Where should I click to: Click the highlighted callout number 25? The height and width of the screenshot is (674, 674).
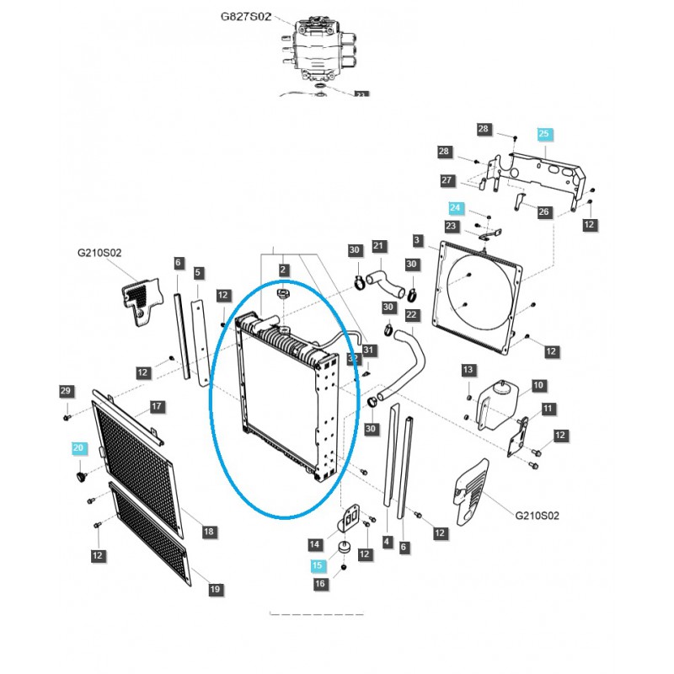coord(543,134)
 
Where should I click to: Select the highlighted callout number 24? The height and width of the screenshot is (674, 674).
coord(456,207)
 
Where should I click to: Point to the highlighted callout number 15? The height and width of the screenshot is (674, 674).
coord(317,566)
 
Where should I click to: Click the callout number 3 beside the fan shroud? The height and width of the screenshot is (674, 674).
coord(417,241)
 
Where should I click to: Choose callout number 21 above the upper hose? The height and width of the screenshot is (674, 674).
coord(379,246)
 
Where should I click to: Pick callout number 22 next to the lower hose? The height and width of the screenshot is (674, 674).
coord(412,315)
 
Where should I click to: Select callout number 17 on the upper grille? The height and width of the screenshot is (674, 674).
coord(157,406)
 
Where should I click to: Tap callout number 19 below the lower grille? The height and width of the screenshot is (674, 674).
coord(215,588)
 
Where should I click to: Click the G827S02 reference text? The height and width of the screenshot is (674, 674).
coord(245,17)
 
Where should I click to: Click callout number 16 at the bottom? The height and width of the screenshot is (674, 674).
coord(319,584)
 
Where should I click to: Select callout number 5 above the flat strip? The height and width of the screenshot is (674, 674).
coord(198,273)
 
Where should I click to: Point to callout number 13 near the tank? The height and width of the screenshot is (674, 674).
coord(468,370)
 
